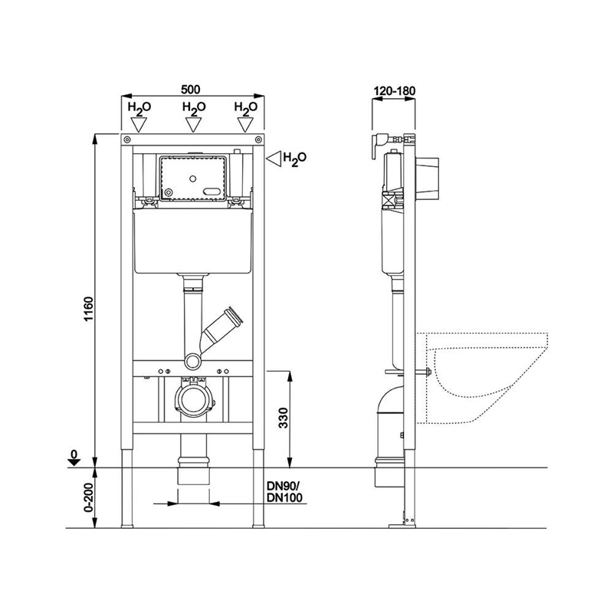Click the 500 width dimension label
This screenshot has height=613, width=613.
[x=190, y=90]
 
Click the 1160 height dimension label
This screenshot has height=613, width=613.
[x=89, y=309]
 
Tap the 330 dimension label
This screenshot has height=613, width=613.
[x=283, y=418]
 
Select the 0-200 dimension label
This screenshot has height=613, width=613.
[x=88, y=497]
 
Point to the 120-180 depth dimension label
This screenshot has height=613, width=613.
[x=395, y=90]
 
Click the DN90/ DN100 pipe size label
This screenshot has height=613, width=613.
[x=284, y=492]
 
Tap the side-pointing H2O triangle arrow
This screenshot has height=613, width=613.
[x=274, y=159]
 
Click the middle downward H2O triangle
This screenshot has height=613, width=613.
[x=193, y=125]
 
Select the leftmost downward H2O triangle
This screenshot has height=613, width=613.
[x=139, y=125]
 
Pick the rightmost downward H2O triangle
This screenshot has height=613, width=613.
[x=245, y=125]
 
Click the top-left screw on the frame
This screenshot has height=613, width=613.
[x=127, y=139]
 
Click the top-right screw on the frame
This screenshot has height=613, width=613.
[x=257, y=139]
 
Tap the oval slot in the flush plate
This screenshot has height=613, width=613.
[x=212, y=192]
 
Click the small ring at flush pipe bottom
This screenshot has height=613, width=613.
[x=193, y=361]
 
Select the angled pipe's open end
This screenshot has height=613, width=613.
[x=235, y=316]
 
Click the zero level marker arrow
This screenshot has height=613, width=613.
[x=74, y=462]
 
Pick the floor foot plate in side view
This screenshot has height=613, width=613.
[x=402, y=526]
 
